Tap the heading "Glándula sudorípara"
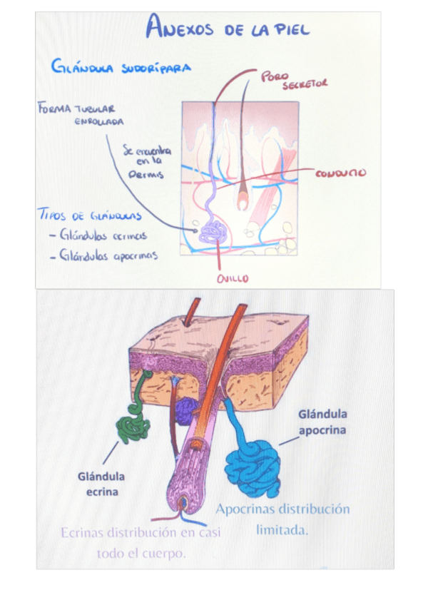(x=120, y=67)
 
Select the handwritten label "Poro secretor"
(x=293, y=79)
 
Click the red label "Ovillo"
(x=233, y=279)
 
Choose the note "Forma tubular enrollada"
(x=78, y=114)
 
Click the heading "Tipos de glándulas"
(x=88, y=215)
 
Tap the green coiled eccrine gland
(x=133, y=425)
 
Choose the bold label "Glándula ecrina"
(x=101, y=484)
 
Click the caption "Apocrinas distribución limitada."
(x=282, y=519)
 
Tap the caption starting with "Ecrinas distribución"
(x=141, y=543)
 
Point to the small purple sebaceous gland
(x=186, y=410)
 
